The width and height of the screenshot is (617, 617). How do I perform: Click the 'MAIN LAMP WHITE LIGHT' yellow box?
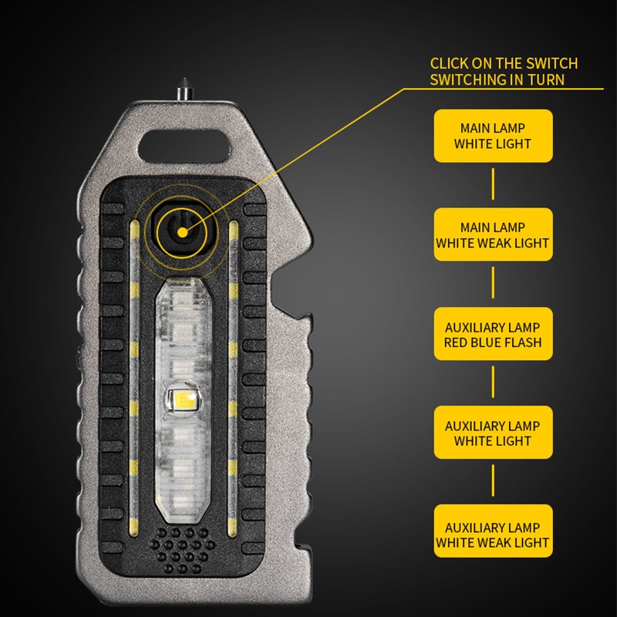point(493,136)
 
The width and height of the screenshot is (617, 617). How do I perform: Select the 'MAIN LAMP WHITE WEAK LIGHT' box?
point(493,234)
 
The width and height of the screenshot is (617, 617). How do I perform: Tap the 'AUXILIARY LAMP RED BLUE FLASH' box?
point(493,334)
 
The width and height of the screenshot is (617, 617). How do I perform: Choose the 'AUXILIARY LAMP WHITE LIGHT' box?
point(493,433)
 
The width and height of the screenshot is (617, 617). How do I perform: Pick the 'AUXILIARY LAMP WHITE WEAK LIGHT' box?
point(493,531)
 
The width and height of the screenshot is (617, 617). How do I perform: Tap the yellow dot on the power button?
point(182,233)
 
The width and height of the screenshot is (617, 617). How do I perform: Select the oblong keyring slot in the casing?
point(184,145)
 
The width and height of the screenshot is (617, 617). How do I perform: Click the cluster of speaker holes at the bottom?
point(183,550)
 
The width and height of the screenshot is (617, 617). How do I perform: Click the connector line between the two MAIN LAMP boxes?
point(493,184)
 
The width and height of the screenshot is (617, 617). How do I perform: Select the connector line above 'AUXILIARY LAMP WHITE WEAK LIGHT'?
point(493,480)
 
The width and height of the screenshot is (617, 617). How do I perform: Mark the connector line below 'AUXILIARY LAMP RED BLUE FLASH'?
point(493,382)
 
